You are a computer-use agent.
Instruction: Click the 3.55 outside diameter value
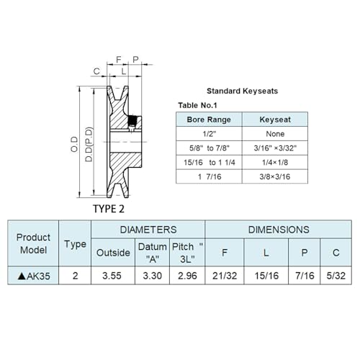click(112, 276)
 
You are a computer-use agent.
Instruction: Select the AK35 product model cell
click(33, 276)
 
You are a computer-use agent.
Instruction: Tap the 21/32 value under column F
click(225, 276)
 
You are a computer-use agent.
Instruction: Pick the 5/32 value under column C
click(336, 276)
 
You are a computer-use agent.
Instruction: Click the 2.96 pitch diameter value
click(187, 276)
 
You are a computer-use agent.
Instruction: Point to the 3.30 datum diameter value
click(153, 276)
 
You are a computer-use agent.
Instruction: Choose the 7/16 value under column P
click(305, 276)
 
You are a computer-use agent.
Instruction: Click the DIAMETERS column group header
click(148, 230)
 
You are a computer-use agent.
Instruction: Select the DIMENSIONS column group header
click(279, 230)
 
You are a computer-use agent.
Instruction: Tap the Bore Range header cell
click(209, 120)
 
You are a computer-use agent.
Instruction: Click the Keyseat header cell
click(275, 120)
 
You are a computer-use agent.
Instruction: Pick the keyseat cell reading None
click(275, 134)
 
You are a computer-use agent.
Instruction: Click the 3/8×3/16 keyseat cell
click(275, 176)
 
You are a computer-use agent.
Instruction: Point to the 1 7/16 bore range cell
click(209, 176)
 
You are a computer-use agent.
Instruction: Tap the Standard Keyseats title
click(243, 91)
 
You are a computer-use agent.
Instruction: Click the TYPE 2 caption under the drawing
click(109, 209)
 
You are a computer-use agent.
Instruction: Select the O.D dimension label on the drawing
click(74, 144)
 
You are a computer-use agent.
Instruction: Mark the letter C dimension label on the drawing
click(96, 71)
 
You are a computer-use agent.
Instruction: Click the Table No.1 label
click(197, 105)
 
